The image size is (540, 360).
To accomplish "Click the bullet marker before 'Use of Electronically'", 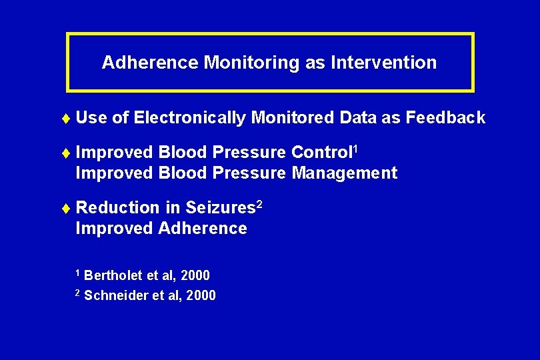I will [x=69, y=118].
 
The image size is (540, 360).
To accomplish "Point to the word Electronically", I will [x=190, y=118].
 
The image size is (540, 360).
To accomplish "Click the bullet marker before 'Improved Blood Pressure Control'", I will [x=69, y=153].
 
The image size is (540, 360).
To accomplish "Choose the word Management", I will [x=345, y=173].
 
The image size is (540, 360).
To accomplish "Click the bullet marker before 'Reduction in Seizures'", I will [x=69, y=208].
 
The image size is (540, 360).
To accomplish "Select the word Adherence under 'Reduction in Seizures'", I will [x=202, y=229].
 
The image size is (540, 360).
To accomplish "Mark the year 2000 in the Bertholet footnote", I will [x=195, y=275].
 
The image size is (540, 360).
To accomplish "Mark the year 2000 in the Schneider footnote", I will [x=201, y=295].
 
